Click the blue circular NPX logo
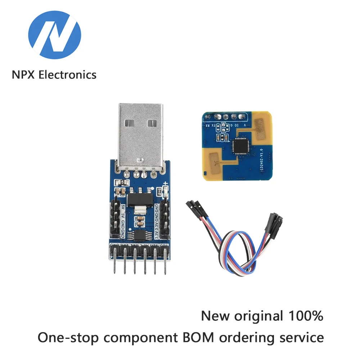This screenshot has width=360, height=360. pos(55,35)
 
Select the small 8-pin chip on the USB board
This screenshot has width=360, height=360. pos(139,235)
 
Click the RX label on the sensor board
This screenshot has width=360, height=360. pos(208,126)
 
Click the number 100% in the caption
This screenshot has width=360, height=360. pos(305,316)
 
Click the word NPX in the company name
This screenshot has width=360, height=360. pos(24,75)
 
